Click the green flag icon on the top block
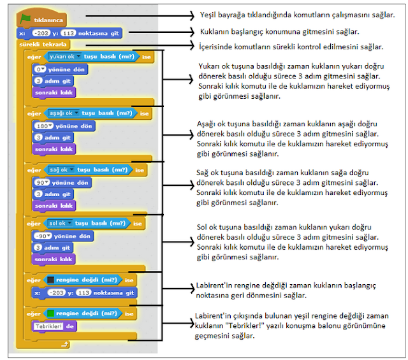(26, 20)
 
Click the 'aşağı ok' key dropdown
(63, 113)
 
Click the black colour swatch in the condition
(50, 280)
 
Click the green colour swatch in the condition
(50, 313)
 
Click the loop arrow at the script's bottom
(64, 345)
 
